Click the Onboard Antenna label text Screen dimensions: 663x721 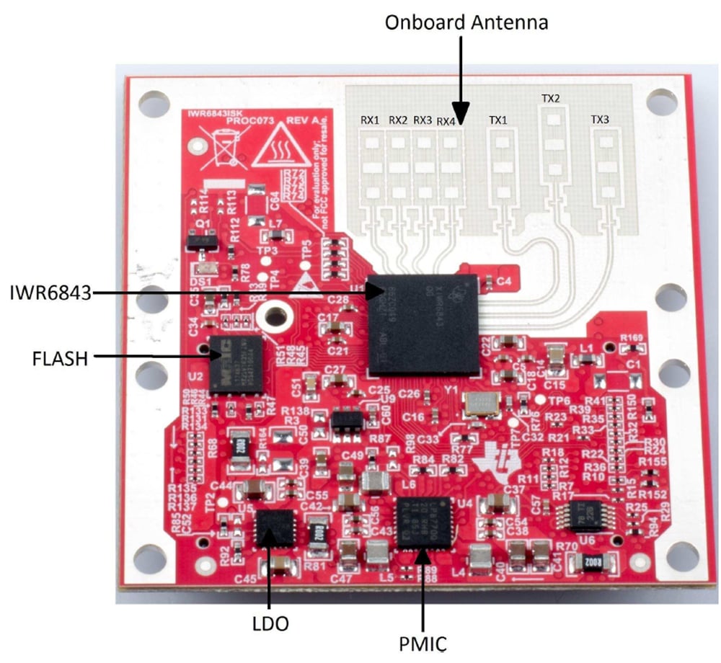click(x=466, y=22)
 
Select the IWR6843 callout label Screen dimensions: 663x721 click(x=48, y=292)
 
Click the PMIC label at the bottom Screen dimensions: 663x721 click(x=424, y=641)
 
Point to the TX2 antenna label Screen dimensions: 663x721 click(x=551, y=98)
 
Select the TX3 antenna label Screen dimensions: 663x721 click(x=601, y=120)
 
